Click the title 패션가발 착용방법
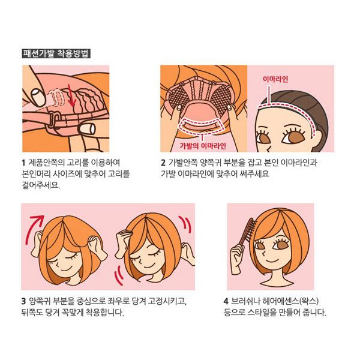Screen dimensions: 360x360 point(56,53)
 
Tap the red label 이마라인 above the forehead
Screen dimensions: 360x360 point(275,79)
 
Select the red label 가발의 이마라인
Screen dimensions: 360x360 point(203,146)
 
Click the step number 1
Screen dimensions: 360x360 point(23,163)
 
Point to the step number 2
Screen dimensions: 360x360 point(163,163)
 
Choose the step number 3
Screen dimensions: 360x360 point(23,301)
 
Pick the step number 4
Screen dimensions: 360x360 point(226,301)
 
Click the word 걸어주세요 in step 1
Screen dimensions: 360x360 point(41,185)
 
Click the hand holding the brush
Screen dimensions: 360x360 point(238,259)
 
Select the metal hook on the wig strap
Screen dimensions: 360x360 point(53,118)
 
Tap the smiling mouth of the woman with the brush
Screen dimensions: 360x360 point(272,260)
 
